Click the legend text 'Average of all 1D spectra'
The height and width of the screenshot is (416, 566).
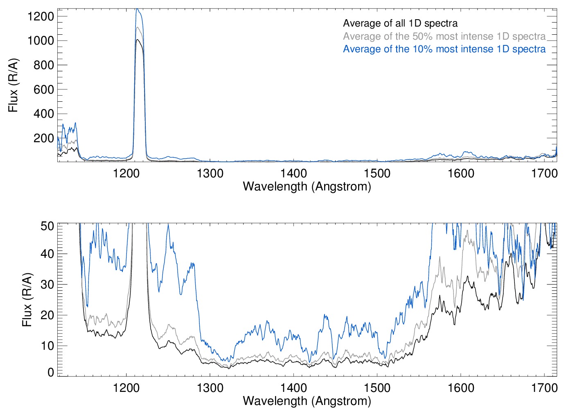pos(400,23)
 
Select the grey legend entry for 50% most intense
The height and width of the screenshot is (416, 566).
pos(444,36)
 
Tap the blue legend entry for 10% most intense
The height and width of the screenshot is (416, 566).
pos(444,49)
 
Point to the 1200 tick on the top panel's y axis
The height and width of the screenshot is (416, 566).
pos(41,16)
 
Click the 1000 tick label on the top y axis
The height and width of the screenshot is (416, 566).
pos(41,40)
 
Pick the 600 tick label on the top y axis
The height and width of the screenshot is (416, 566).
pos(43,89)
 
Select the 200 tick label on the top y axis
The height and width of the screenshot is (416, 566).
pos(43,138)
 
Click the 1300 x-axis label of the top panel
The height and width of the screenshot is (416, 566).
pos(210,173)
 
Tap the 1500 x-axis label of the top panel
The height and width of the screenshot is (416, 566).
pos(377,173)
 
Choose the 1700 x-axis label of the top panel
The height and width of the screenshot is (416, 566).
pos(544,173)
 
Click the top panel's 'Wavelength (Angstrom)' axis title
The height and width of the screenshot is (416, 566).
pos(307,186)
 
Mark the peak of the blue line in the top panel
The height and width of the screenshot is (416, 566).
pos(137,9)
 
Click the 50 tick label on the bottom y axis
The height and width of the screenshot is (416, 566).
pos(47,226)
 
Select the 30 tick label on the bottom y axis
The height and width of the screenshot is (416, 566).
pos(47,284)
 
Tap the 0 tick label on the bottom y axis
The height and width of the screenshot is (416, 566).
pos(51,372)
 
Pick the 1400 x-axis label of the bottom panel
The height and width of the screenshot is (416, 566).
pos(293,387)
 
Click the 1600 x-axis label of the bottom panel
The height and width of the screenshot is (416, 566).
pos(461,387)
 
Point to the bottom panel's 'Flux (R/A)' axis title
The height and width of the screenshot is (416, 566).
pos(27,300)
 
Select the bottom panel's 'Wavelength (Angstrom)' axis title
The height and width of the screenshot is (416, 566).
pos(307,401)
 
